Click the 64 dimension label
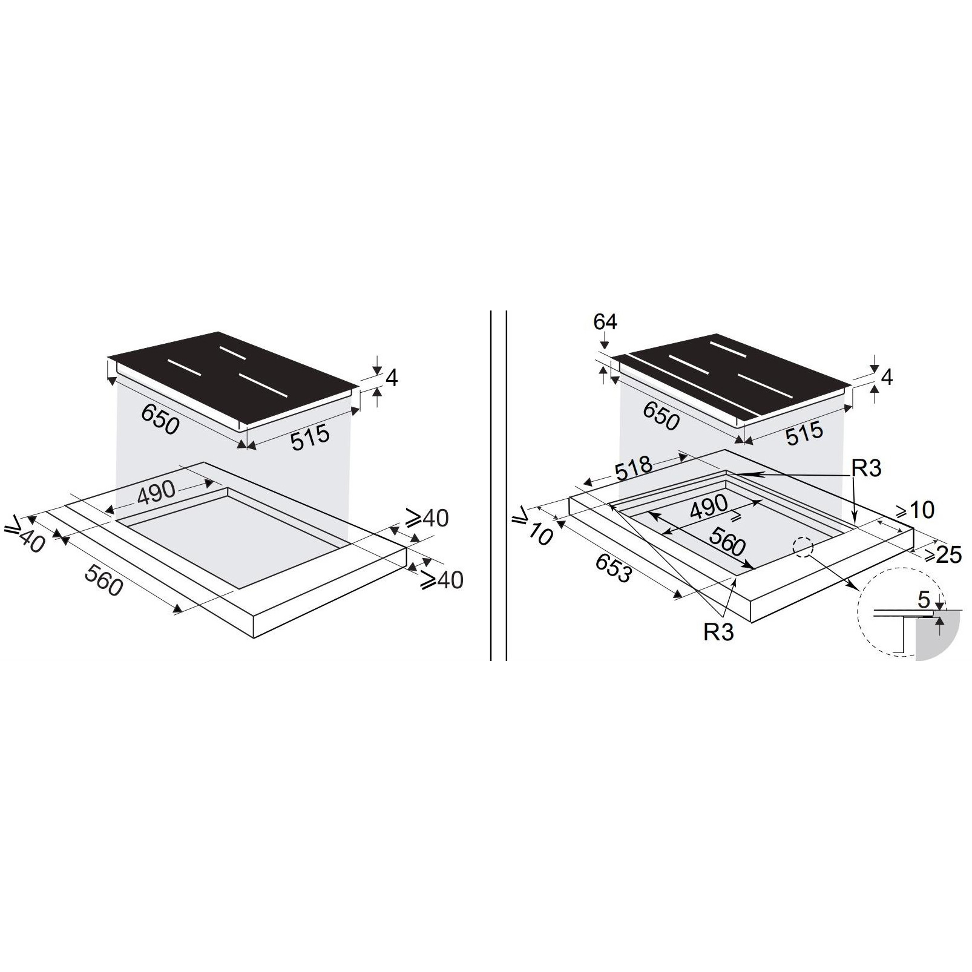point(605,321)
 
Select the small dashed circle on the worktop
point(803,547)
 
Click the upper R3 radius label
point(866,468)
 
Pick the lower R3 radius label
point(718,632)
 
